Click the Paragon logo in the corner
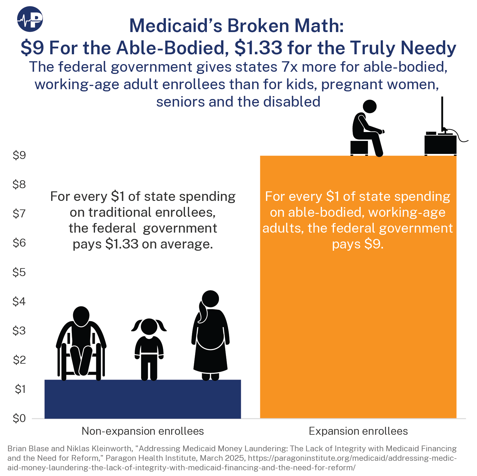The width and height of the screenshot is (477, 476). coord(30,19)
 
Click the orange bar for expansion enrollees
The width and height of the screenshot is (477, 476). coord(358,317)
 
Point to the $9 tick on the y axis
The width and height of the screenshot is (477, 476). coord(19,155)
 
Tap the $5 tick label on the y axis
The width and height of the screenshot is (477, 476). coord(19,272)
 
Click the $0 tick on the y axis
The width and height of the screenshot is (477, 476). coord(19,418)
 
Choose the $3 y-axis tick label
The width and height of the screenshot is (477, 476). coord(19,331)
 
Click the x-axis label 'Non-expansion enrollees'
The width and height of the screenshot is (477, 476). coord(143,431)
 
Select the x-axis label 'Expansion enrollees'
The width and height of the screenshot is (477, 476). coord(358,431)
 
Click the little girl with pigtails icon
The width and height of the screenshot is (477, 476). coord(149,347)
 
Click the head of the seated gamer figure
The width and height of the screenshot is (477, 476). coord(369,107)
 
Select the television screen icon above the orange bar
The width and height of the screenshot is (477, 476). coord(442,114)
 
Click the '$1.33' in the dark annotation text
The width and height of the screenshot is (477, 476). coord(122,244)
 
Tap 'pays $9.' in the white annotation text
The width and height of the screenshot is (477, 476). coord(358,244)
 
